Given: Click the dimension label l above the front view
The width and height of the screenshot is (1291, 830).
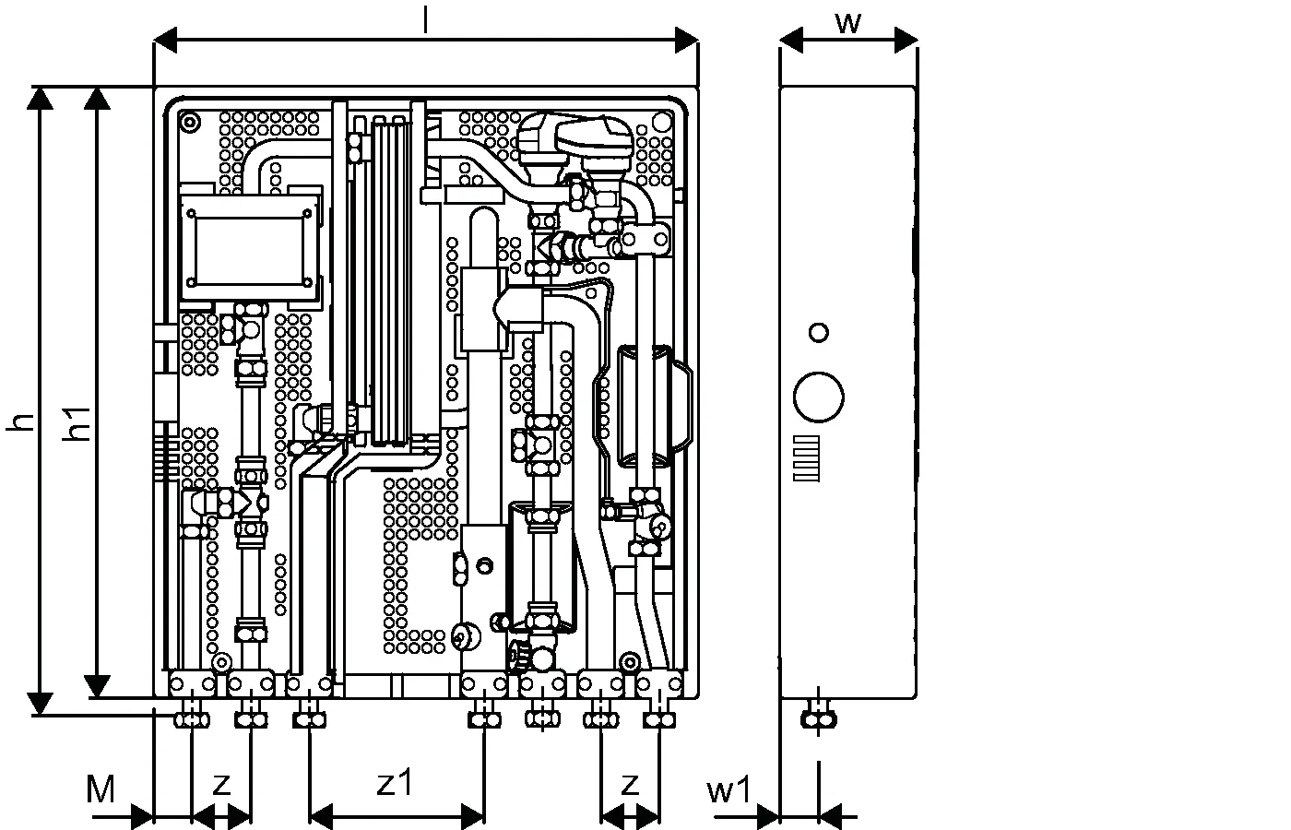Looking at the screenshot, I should [x=425, y=20].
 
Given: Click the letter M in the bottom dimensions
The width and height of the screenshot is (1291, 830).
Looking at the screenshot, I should [x=101, y=789].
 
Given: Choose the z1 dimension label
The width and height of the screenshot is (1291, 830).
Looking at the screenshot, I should [x=397, y=784].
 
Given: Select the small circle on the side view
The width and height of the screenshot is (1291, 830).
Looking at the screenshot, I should [x=818, y=332].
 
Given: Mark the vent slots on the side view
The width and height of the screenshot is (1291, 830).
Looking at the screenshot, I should [x=808, y=457].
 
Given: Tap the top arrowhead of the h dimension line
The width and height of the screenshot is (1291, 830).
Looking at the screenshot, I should [x=40, y=98].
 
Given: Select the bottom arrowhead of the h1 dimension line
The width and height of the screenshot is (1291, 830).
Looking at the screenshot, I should [x=96, y=688].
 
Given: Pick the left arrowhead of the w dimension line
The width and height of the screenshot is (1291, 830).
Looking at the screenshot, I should [x=791, y=39].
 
